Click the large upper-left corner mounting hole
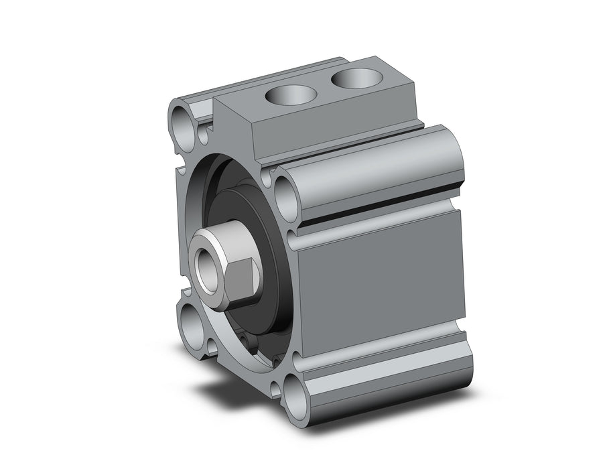coord(184,121)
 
